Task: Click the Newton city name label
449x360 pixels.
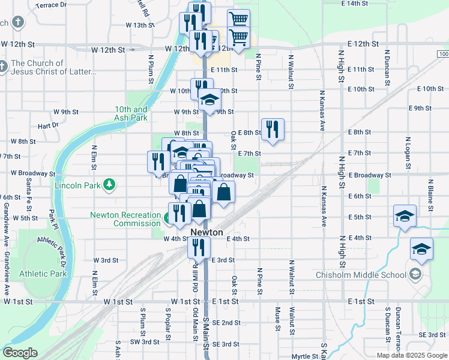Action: (x=206, y=232)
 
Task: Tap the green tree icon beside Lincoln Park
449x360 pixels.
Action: (x=109, y=184)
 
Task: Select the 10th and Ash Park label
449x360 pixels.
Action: (x=131, y=113)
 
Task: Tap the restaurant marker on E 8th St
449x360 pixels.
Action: (x=273, y=129)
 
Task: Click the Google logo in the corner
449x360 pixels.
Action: (x=20, y=353)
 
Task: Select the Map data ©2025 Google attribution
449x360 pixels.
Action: (x=412, y=355)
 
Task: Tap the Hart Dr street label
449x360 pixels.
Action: (x=47, y=126)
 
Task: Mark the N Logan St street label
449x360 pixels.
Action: (x=408, y=149)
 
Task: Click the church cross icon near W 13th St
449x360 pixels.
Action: (x=18, y=23)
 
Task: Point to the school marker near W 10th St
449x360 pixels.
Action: (x=209, y=99)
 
